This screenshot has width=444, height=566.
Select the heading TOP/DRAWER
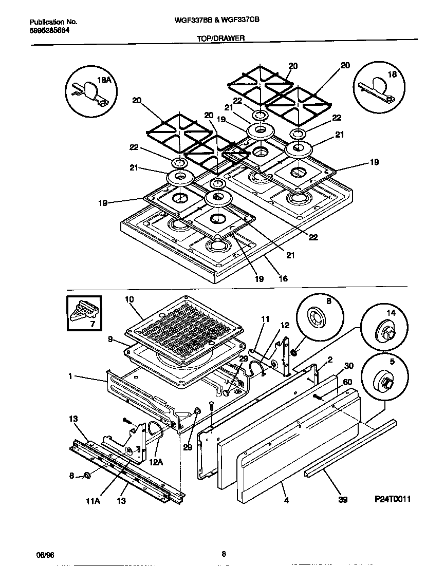(220, 37)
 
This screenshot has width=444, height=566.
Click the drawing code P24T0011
(393, 499)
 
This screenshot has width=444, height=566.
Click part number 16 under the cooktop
(283, 279)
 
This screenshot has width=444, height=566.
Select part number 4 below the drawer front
(286, 499)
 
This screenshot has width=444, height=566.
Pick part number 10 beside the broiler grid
(129, 299)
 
